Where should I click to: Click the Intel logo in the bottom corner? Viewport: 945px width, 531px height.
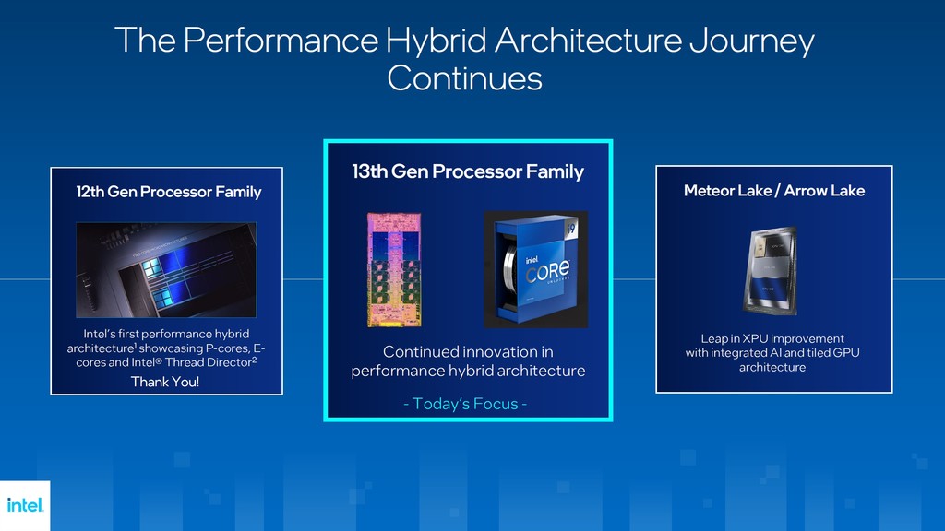[25, 505]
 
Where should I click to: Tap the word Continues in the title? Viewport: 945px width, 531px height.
[464, 77]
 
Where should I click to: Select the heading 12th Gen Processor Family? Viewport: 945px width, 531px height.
[169, 193]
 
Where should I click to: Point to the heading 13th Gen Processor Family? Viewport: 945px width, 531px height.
[468, 171]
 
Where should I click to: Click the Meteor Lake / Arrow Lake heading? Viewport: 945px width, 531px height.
[774, 191]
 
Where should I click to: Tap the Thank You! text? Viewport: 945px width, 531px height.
[164, 382]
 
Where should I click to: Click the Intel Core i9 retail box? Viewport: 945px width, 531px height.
[535, 269]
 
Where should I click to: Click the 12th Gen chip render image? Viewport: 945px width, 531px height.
[166, 269]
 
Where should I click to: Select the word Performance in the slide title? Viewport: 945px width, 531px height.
[281, 41]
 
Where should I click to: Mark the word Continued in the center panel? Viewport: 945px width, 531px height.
[423, 352]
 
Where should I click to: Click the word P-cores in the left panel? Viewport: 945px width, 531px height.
[226, 348]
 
